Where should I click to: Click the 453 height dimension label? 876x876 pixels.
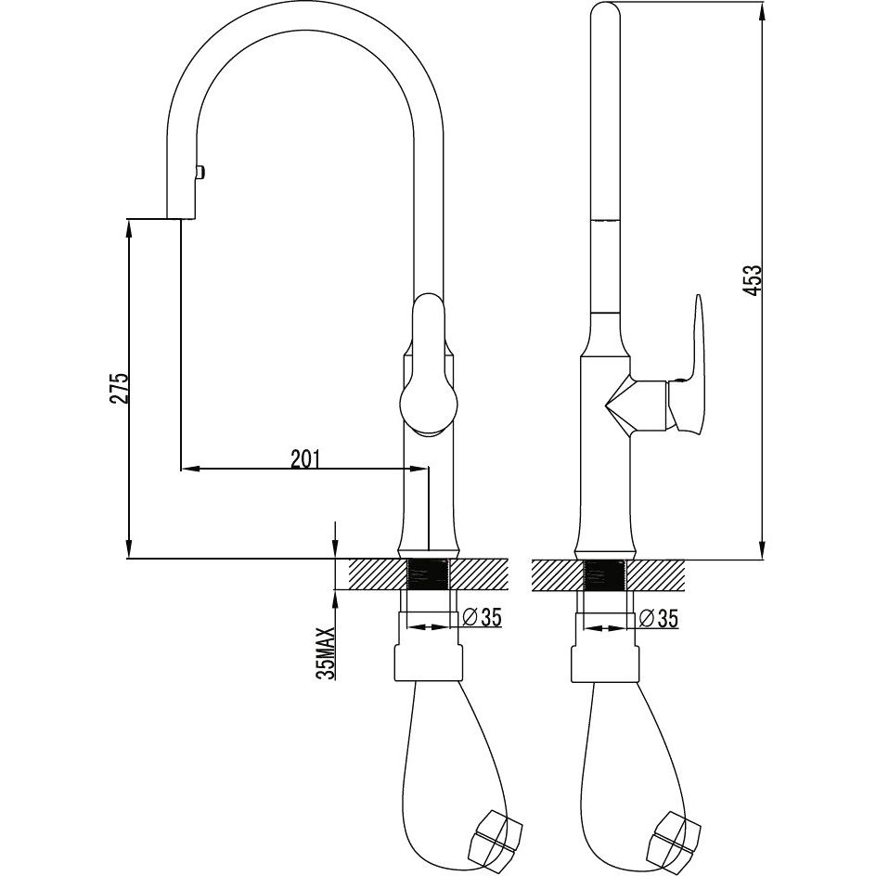click(x=754, y=280)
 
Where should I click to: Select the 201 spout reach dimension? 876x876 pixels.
click(x=305, y=458)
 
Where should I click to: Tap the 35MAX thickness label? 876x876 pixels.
click(x=326, y=653)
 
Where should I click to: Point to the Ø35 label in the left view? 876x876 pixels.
click(x=483, y=617)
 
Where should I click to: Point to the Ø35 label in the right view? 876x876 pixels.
click(x=659, y=618)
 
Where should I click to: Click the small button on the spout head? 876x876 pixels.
click(x=200, y=172)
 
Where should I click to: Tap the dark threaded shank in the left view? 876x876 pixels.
click(x=429, y=573)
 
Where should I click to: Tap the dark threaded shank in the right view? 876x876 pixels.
click(x=604, y=573)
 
